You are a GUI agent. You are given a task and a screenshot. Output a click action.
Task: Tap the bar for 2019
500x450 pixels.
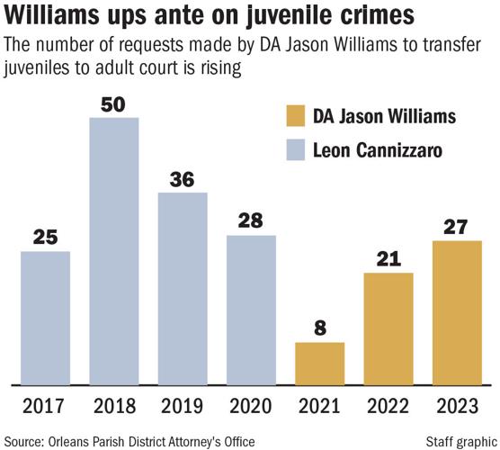tap(183, 287)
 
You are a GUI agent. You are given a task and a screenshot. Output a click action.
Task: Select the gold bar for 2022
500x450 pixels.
tap(388, 328)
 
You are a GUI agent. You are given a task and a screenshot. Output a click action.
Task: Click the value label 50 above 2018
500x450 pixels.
tap(113, 104)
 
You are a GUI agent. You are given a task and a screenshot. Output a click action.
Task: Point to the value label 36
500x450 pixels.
tap(183, 178)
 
